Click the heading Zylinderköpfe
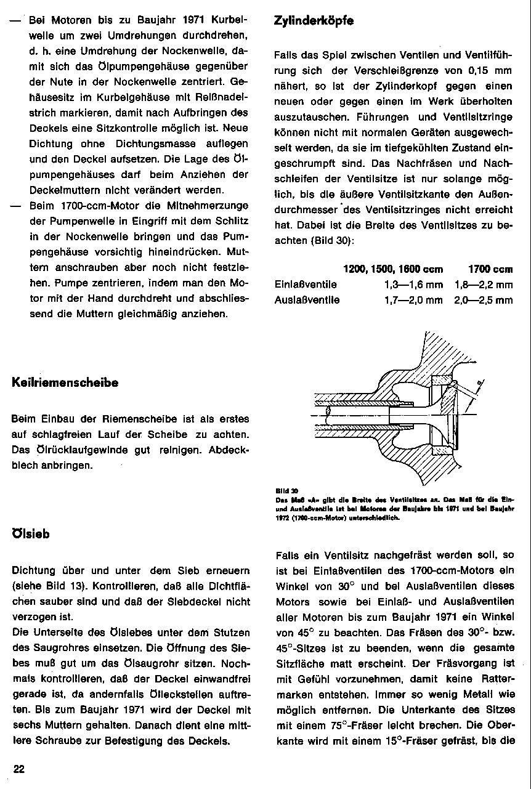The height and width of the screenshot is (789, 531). tap(314, 21)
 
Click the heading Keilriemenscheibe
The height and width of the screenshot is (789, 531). tap(65, 382)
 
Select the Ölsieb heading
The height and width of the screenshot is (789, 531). tap(31, 534)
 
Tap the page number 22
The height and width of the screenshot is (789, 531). tap(19, 769)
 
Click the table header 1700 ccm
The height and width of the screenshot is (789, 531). tap(490, 269)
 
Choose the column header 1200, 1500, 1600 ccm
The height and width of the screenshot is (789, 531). tap(392, 269)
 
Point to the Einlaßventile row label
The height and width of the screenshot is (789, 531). tap(306, 285)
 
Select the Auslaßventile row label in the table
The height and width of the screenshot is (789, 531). tap(307, 300)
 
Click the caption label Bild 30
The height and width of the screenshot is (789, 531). tap(282, 491)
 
